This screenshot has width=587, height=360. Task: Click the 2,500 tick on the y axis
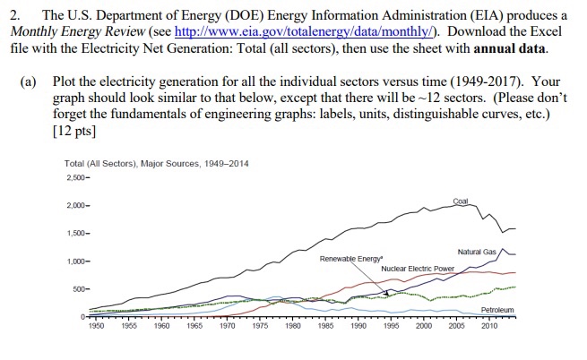pos(78,177)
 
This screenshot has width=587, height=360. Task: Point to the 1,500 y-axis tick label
pos(78,233)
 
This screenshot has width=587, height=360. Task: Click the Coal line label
pos(461,201)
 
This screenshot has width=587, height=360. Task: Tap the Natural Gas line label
pos(476,253)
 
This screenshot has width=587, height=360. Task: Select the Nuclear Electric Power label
pos(418,269)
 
